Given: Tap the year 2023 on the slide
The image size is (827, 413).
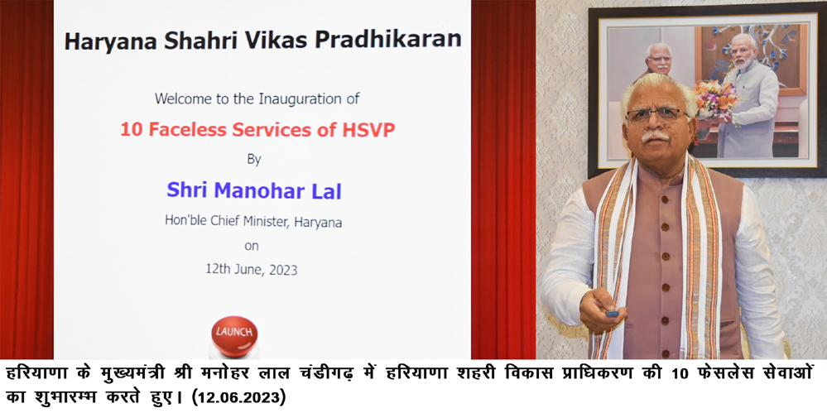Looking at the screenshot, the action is click(282, 270).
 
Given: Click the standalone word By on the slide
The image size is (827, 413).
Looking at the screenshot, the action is click(254, 159).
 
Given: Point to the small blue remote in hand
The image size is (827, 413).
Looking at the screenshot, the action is click(612, 314).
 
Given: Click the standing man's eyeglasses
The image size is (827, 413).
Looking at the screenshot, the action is click(657, 114).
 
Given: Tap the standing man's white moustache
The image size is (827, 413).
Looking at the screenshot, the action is click(656, 136).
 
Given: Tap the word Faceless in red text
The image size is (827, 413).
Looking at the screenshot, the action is click(178, 129).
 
